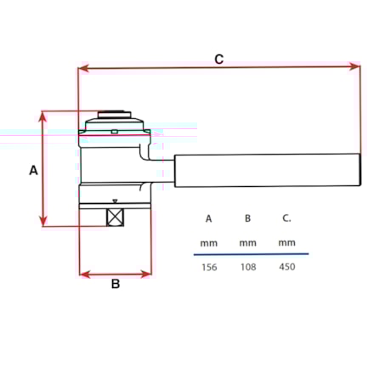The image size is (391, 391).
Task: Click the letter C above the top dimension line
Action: click(x=218, y=59)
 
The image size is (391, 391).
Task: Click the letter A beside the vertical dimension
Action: click(x=33, y=170)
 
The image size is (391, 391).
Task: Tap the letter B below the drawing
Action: click(x=116, y=284)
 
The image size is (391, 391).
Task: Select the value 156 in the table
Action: click(x=208, y=267)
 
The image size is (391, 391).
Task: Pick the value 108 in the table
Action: click(x=247, y=267)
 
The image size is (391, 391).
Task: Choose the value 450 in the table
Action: click(x=287, y=267)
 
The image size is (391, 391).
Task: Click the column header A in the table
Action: click(x=208, y=218)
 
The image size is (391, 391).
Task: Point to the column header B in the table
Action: click(x=247, y=218)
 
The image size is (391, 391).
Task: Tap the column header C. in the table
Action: click(x=287, y=218)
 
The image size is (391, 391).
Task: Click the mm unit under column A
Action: click(x=208, y=243)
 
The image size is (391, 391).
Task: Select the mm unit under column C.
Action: click(x=287, y=243)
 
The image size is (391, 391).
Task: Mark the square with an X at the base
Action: click(x=115, y=217)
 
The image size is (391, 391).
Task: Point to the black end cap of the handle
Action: click(x=360, y=169)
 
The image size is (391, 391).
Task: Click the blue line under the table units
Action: click(x=251, y=253)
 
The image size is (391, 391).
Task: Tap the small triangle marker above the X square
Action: click(x=115, y=201)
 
